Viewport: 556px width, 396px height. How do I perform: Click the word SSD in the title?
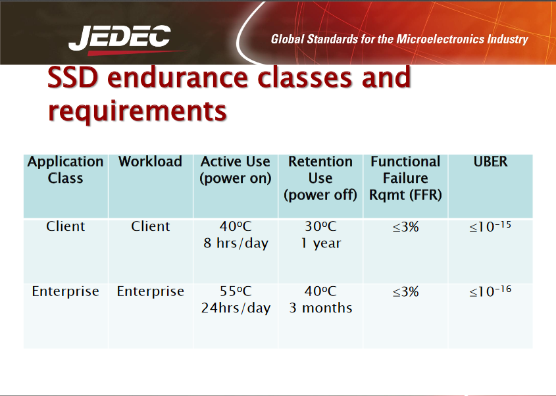click(73, 78)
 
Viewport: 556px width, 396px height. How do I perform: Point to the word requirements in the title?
click(137, 111)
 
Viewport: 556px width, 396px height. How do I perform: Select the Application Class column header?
click(65, 170)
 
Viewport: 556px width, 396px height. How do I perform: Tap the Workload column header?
click(150, 162)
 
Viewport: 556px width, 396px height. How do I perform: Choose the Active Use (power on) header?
click(236, 170)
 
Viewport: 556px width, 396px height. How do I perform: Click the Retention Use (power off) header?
click(320, 178)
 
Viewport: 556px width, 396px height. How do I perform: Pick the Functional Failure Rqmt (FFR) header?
click(405, 178)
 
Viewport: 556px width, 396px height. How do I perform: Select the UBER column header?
click(490, 162)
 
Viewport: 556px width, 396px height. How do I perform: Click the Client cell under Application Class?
click(65, 226)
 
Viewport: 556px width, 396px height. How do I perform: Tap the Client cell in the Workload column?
click(150, 226)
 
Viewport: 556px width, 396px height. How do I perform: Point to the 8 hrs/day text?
click(236, 243)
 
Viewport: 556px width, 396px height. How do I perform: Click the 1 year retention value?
click(320, 243)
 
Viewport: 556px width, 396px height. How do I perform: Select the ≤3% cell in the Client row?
click(405, 226)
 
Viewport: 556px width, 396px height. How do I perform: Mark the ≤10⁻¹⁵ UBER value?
click(490, 227)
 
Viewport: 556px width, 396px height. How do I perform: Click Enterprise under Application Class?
click(65, 291)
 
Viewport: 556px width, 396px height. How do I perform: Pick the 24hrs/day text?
click(236, 308)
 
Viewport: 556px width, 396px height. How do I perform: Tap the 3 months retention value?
click(320, 308)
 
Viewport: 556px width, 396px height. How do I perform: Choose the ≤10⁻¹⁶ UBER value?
click(490, 291)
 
